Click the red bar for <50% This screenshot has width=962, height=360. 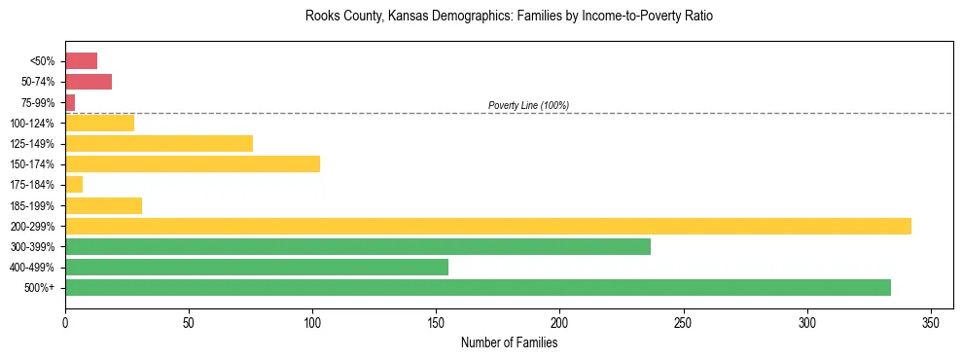(81, 60)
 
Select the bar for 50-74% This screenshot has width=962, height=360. (89, 82)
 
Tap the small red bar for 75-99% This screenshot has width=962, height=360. (70, 102)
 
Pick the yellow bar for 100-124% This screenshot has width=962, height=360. (99, 123)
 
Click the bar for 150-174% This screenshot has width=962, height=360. (193, 163)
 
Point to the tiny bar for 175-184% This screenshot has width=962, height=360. (74, 184)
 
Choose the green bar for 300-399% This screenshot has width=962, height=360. (358, 246)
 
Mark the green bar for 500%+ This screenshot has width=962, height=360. (478, 287)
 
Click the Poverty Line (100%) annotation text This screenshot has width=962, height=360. (528, 105)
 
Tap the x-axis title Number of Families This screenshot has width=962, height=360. (509, 342)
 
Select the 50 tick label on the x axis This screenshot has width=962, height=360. (189, 322)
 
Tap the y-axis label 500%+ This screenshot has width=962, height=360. (39, 288)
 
